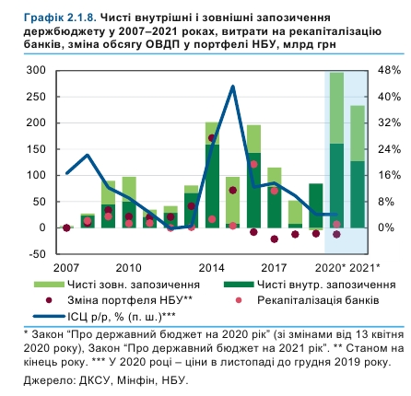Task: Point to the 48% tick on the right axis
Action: point(388,70)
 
